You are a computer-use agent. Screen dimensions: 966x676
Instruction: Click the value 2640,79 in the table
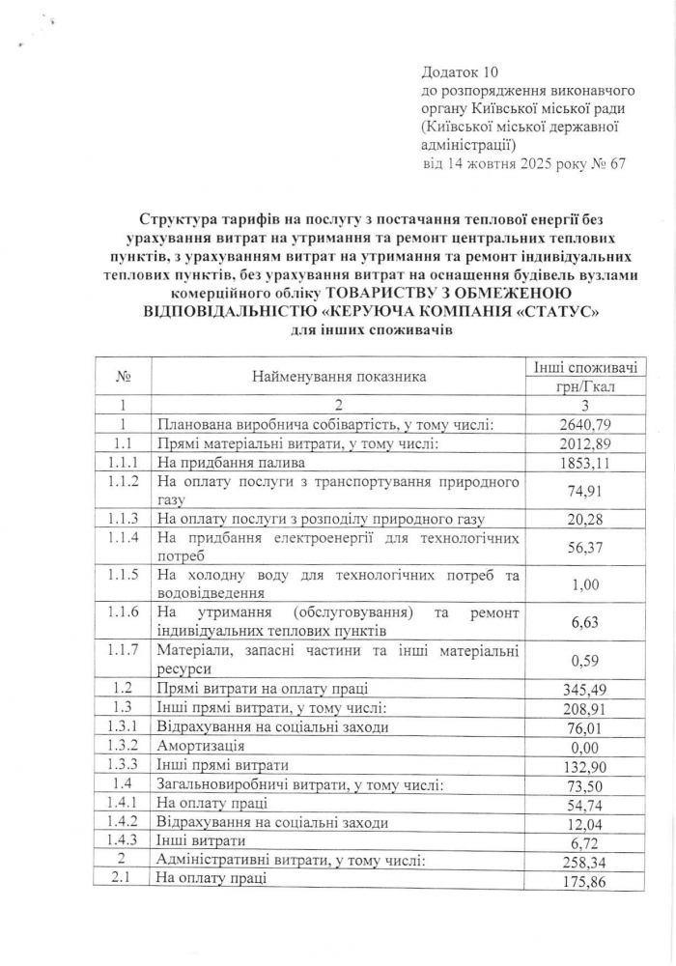point(586,424)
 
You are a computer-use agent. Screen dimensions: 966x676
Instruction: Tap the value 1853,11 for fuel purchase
point(586,463)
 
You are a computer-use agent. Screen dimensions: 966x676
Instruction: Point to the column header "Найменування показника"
point(339,377)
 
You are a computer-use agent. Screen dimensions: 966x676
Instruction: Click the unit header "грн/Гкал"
point(586,386)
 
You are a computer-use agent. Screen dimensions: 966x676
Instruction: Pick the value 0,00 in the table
point(586,747)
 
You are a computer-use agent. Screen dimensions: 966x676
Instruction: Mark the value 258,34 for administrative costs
point(586,862)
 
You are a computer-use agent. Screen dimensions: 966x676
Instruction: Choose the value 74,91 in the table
point(586,491)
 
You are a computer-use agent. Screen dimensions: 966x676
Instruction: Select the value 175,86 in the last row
point(586,881)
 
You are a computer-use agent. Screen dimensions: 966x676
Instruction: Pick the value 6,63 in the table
point(586,623)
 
